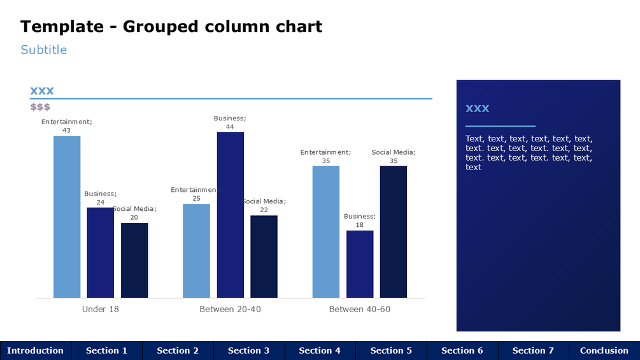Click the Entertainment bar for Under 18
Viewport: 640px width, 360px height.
pos(67,217)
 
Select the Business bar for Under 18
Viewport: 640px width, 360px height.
pos(101,252)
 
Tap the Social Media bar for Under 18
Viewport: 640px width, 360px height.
pos(134,260)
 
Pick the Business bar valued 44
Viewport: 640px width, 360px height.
pos(231,215)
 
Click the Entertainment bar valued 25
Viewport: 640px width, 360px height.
pos(196,250)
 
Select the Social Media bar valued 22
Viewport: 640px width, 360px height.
pos(264,256)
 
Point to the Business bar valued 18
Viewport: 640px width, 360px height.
pos(360,264)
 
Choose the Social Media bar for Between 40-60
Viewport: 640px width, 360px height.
pos(394,232)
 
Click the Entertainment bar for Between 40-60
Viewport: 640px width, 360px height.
pos(326,232)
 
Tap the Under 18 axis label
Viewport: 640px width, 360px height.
pos(101,309)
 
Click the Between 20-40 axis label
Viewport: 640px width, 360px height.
pos(231,309)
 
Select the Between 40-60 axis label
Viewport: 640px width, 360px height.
pos(360,309)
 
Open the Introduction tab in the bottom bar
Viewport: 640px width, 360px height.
pos(36,350)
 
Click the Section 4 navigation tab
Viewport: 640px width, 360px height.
pos(320,350)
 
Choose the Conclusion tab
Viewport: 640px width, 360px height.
pos(604,350)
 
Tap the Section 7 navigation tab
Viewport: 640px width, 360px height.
pos(533,350)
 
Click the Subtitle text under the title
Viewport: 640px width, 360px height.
pos(43,50)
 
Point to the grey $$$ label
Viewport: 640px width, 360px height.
pos(40,107)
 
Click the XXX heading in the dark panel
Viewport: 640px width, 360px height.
pos(478,108)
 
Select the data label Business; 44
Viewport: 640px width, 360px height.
pos(230,122)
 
